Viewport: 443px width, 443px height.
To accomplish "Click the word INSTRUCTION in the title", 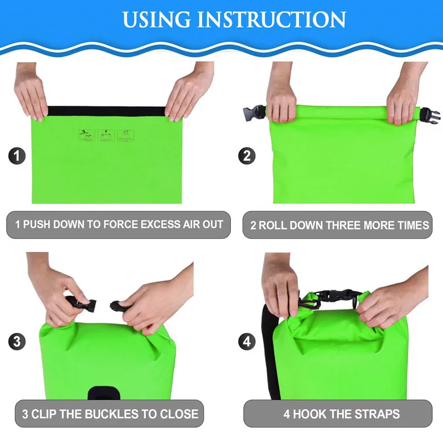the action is tap(271, 19).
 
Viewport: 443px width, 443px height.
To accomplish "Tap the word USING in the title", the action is tap(157, 19).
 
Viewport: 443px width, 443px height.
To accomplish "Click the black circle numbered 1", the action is tap(17, 156).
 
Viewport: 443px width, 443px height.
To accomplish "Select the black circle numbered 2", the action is tap(247, 156).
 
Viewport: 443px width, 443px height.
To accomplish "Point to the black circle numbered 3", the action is tap(17, 341).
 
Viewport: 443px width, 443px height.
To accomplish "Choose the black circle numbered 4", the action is tap(247, 341).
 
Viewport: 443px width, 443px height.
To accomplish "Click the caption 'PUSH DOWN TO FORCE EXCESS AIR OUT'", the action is tap(123, 224).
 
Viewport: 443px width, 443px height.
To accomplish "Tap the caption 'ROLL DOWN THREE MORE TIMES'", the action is tap(344, 225).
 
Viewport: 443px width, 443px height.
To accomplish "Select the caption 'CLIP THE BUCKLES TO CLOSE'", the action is tap(115, 414).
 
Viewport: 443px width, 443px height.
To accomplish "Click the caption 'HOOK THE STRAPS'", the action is tap(347, 414).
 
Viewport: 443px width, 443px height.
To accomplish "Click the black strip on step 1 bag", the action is tap(106, 111).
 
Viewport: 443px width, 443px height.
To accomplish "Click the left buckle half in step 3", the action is tap(82, 303).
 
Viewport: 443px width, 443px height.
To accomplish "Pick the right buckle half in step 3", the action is tap(119, 306).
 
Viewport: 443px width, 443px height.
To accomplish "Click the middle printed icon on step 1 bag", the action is tap(106, 136).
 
